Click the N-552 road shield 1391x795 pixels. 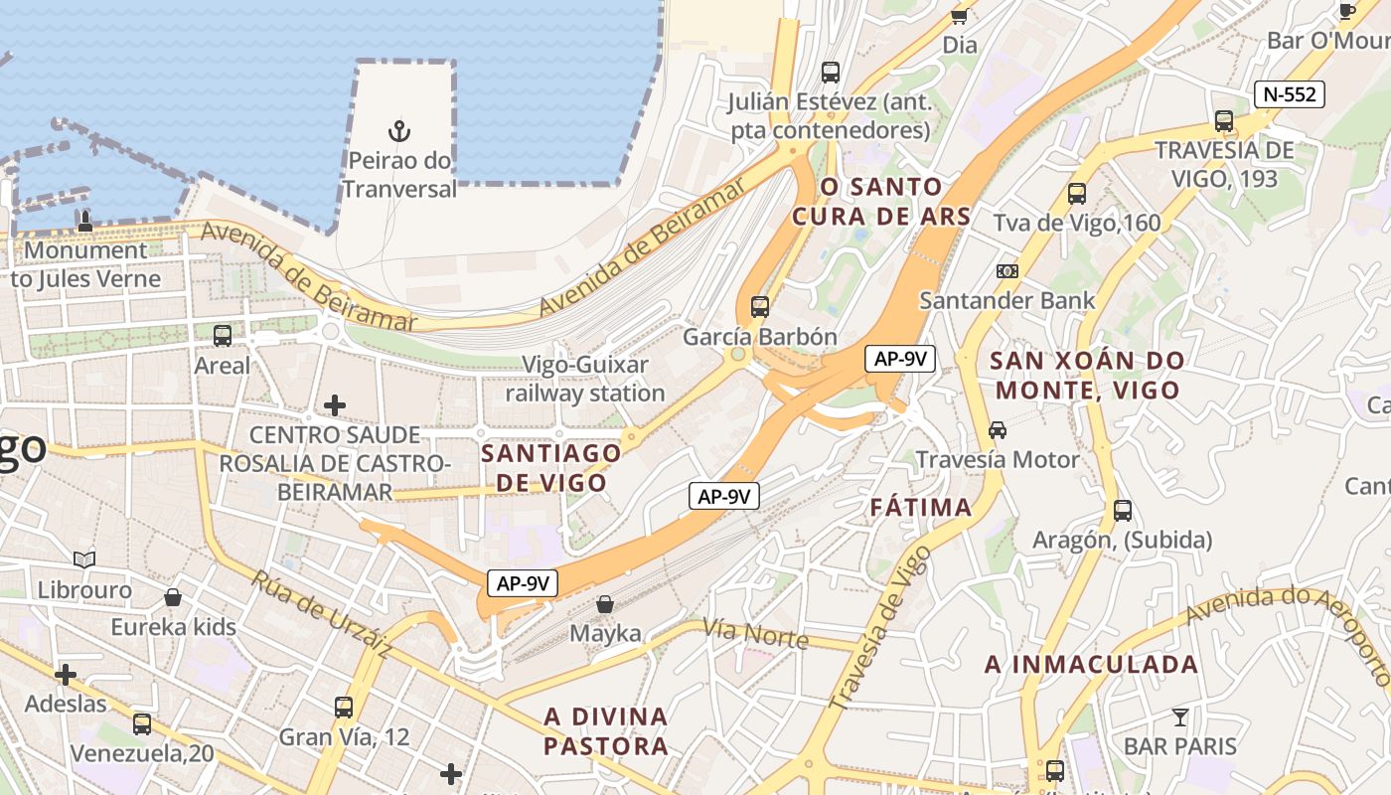(x=1289, y=94)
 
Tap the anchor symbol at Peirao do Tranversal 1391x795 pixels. (x=399, y=131)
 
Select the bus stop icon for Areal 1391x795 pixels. (x=223, y=336)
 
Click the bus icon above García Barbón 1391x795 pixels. (x=760, y=306)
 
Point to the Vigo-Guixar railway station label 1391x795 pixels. (x=585, y=379)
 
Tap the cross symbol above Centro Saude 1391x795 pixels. (x=335, y=405)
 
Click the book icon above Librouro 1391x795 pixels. (x=84, y=560)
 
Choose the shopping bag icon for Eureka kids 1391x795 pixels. (x=173, y=597)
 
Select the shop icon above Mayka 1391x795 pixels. (x=605, y=603)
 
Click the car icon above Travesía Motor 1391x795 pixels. (x=998, y=430)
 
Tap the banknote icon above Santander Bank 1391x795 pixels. (x=1007, y=271)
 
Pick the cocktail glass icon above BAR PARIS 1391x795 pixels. (x=1179, y=716)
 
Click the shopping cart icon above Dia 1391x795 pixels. (x=960, y=16)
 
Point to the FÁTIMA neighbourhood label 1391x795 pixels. (x=921, y=508)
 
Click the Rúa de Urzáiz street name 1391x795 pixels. (x=320, y=613)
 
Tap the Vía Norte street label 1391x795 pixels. (x=756, y=633)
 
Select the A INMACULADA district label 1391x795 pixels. (x=1091, y=665)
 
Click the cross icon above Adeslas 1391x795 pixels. (x=66, y=676)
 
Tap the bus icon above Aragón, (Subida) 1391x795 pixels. (x=1123, y=511)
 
